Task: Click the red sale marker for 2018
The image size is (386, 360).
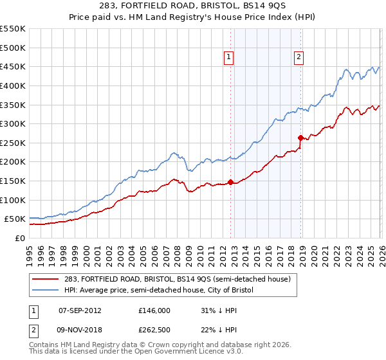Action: (300, 138)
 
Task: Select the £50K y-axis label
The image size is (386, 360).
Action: (15, 219)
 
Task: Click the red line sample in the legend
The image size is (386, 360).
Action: (46, 279)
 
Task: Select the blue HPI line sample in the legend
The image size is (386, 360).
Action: (46, 291)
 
